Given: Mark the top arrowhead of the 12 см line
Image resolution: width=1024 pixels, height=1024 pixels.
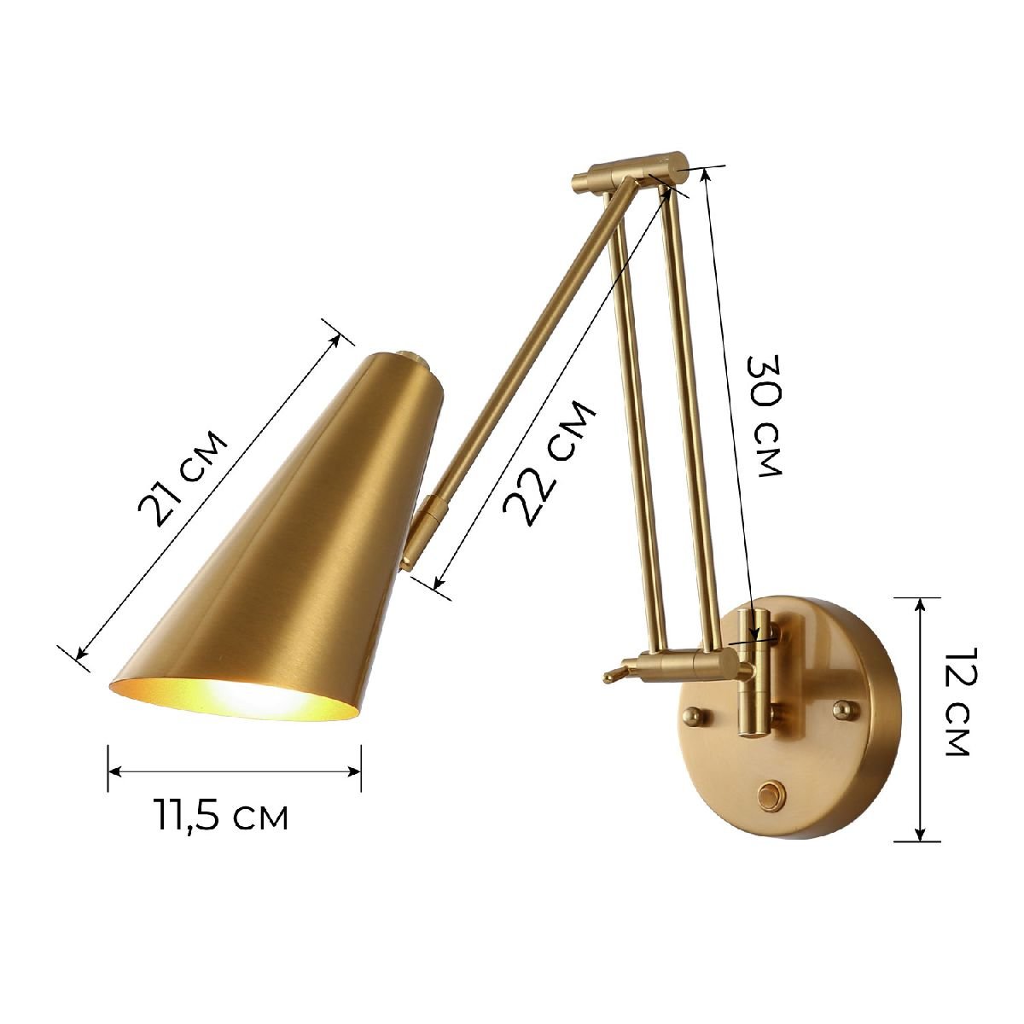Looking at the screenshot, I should pos(920,602).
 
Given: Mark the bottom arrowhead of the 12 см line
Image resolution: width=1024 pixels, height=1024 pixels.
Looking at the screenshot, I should pos(920,835).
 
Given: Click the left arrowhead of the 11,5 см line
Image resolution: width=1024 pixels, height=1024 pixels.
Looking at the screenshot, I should pos(113,771).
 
